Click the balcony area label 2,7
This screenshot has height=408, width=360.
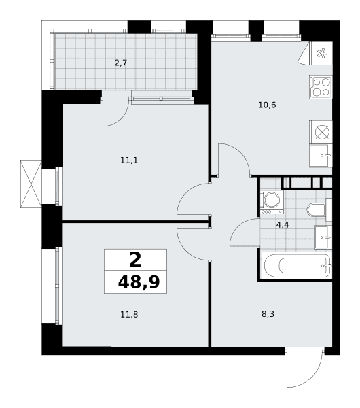(121, 63)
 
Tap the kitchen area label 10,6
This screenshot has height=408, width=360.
(267, 105)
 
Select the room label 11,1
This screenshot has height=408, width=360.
(129, 160)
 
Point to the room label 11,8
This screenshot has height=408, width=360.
(129, 315)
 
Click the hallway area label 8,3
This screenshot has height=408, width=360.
(268, 314)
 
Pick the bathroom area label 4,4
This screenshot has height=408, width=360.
(283, 225)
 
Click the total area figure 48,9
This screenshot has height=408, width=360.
(139, 282)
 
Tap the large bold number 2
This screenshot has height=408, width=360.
(135, 260)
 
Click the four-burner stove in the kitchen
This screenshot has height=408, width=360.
(321, 87)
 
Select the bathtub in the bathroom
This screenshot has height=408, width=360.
(297, 265)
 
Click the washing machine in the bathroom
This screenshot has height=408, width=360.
(272, 203)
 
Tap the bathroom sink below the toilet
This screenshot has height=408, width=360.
(323, 237)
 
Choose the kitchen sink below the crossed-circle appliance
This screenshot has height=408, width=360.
(321, 156)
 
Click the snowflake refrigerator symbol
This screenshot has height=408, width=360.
(322, 53)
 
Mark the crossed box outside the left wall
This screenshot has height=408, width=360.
(31, 184)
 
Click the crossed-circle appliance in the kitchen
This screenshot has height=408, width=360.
(322, 132)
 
